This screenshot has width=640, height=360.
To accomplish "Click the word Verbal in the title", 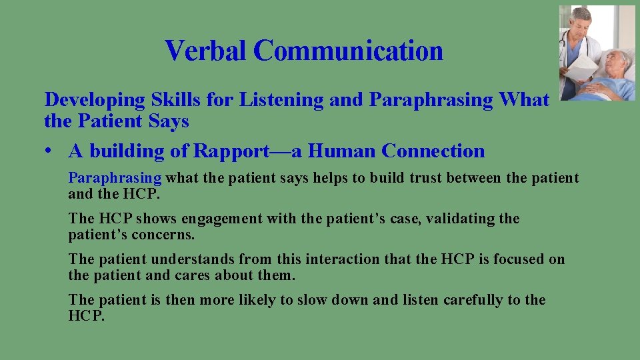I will (206, 51).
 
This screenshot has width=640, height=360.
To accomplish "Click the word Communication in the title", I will (348, 51).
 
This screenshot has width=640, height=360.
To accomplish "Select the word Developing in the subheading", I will (94, 100).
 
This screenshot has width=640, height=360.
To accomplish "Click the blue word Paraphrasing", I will (115, 178).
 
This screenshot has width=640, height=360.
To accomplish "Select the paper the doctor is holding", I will (582, 67).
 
